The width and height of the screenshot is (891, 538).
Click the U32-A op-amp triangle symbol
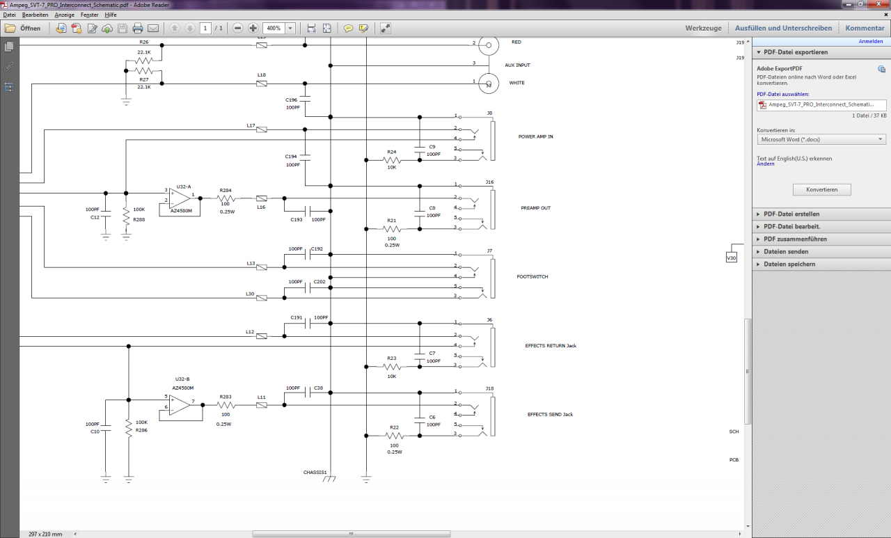click(x=179, y=198)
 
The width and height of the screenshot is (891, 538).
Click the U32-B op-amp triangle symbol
click(x=179, y=405)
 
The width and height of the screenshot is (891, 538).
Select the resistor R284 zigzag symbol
click(x=226, y=198)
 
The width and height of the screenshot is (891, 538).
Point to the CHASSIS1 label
click(x=315, y=473)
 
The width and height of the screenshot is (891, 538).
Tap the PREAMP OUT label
click(x=536, y=208)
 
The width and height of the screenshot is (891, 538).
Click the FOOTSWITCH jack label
click(x=533, y=277)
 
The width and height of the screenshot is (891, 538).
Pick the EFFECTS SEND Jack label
click(x=550, y=414)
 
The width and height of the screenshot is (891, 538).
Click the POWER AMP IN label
click(x=535, y=137)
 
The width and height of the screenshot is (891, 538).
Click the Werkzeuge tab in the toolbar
click(x=703, y=29)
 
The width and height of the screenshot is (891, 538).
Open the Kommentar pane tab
click(x=865, y=29)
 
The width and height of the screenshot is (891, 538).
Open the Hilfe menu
click(x=111, y=15)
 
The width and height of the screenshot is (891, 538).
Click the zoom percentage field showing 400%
click(x=274, y=29)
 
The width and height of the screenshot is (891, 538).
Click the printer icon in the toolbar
click(x=138, y=29)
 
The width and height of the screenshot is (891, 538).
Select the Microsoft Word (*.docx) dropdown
click(x=821, y=140)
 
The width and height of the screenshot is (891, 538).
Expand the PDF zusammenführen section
click(x=789, y=239)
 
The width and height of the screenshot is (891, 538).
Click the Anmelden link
click(x=870, y=41)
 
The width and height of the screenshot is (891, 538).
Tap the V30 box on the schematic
click(x=732, y=258)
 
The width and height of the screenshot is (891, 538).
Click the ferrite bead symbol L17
click(x=261, y=129)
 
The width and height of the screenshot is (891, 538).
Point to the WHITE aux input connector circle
click(x=489, y=84)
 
